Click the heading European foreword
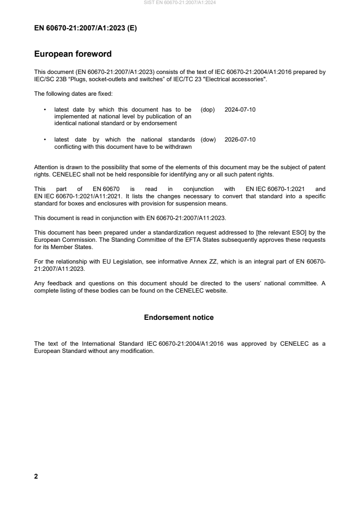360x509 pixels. point(73,54)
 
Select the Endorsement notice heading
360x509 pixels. point(179,318)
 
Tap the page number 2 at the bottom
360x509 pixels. point(36,476)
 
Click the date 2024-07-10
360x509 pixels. point(240,110)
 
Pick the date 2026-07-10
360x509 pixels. point(240,140)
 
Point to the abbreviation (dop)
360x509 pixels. point(208,110)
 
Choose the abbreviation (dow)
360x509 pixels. point(208,140)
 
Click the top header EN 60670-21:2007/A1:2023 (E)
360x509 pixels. point(85,28)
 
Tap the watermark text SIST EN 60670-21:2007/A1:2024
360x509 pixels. point(180,3)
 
